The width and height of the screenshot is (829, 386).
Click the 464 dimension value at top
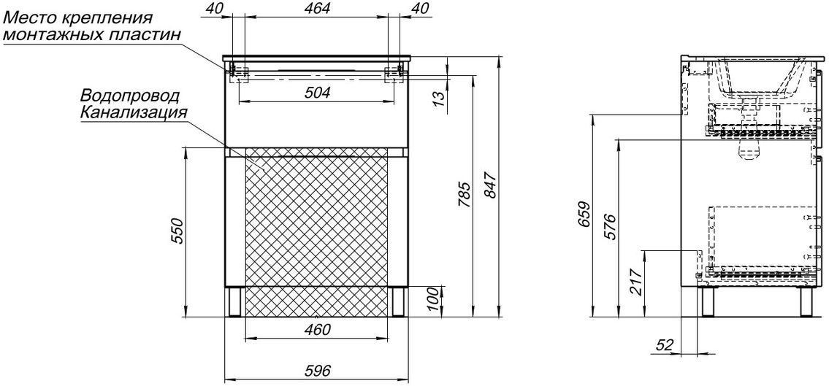click(316, 9)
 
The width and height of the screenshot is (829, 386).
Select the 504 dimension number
click(317, 93)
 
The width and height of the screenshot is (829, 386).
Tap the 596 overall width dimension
click(317, 371)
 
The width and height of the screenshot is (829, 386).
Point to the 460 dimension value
click(317, 330)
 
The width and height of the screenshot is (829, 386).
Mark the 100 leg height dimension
click(433, 301)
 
